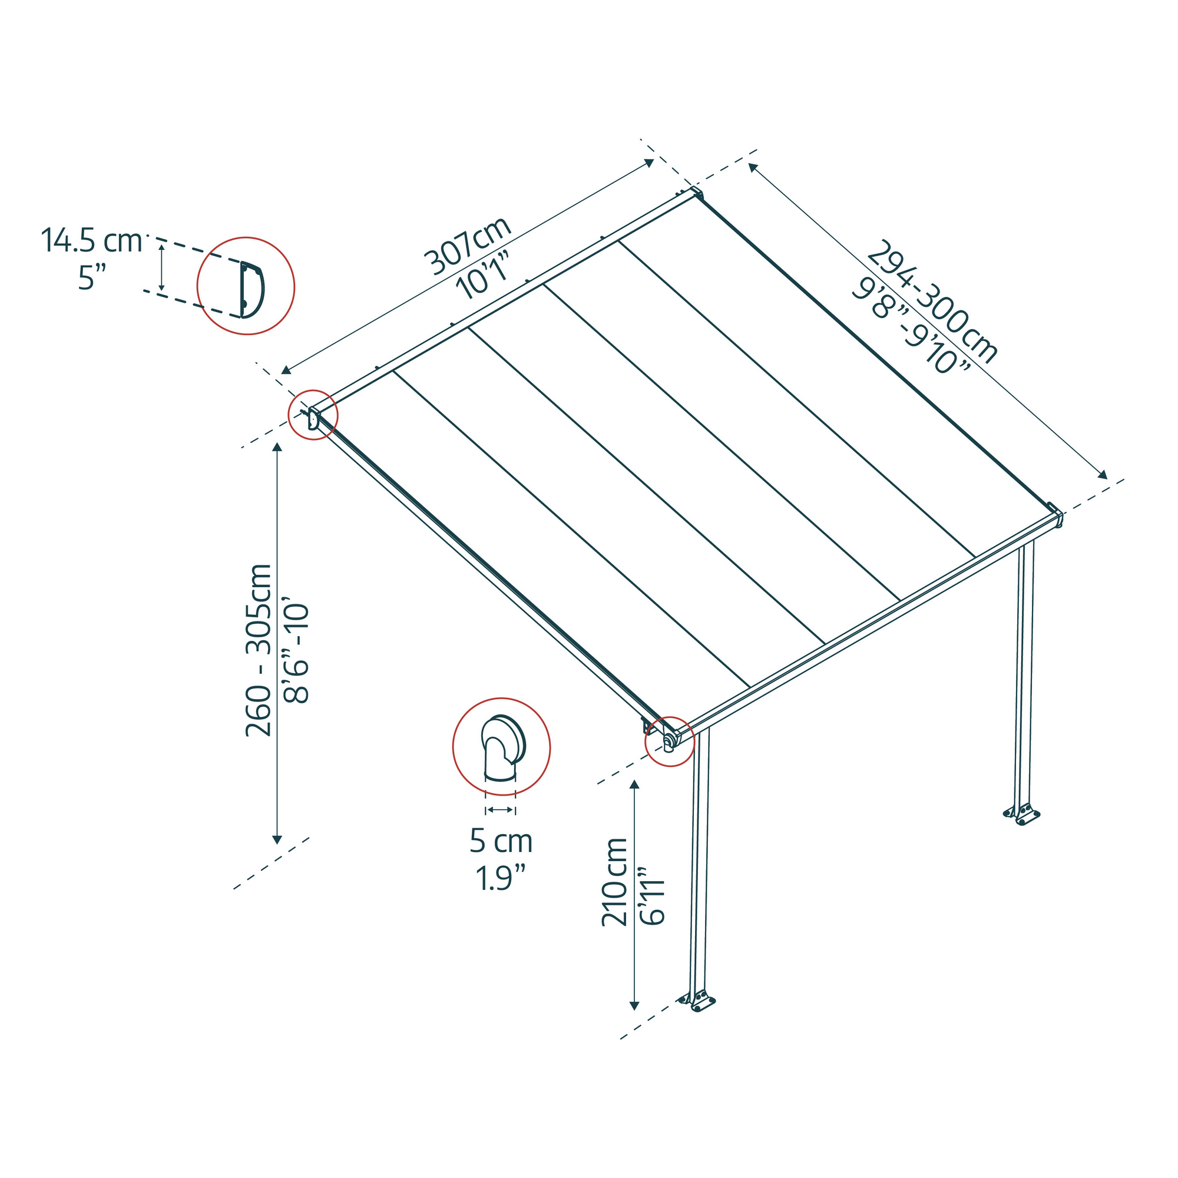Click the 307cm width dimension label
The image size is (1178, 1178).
tap(468, 246)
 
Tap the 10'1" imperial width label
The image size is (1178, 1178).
tap(483, 277)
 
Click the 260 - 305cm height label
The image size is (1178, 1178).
tap(259, 651)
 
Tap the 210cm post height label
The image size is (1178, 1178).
tap(614, 882)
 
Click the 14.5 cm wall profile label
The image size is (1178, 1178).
tap(91, 240)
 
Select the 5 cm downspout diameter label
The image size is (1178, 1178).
tap(501, 842)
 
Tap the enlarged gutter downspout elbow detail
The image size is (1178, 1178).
tap(501, 746)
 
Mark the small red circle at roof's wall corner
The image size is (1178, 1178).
tap(313, 415)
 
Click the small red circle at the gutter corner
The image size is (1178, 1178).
tap(670, 741)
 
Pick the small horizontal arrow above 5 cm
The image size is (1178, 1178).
tap(500, 810)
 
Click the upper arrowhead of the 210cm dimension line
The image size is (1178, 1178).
tap(635, 785)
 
